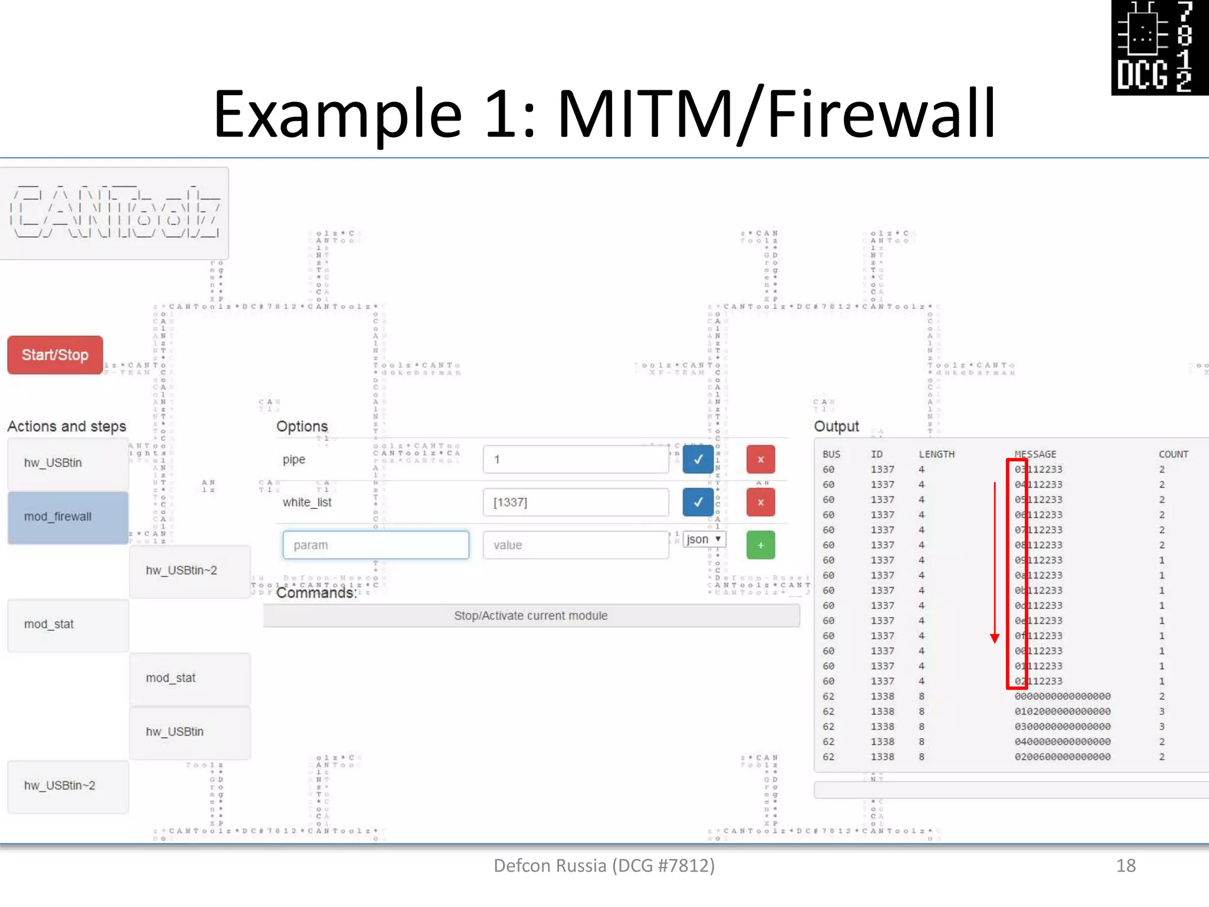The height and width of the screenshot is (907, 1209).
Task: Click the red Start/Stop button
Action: [55, 355]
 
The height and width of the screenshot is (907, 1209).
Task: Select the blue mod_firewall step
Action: [68, 517]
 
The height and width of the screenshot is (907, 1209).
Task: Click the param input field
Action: [375, 545]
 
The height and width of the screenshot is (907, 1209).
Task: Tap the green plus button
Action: [760, 545]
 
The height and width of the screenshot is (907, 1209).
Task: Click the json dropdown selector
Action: [704, 539]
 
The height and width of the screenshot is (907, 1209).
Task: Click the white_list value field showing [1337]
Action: [576, 503]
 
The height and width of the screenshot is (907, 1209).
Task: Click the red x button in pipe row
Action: [760, 459]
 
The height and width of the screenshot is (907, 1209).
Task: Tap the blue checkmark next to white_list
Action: [698, 503]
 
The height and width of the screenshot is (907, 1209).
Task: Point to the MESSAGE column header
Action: [1035, 454]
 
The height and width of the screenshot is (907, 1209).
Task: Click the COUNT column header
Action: [1173, 454]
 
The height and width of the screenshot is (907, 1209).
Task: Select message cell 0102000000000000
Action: [1063, 712]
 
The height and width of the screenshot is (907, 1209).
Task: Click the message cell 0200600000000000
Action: [1063, 757]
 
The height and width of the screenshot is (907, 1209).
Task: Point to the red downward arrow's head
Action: [995, 639]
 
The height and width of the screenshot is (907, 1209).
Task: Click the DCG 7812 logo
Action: [1159, 47]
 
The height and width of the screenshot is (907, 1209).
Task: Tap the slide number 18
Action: [1126, 866]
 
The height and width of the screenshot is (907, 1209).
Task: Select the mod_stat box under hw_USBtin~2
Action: [189, 678]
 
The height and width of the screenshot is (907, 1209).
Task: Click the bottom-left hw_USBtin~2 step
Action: [68, 786]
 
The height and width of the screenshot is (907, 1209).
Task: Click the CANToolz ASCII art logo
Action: [115, 213]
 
